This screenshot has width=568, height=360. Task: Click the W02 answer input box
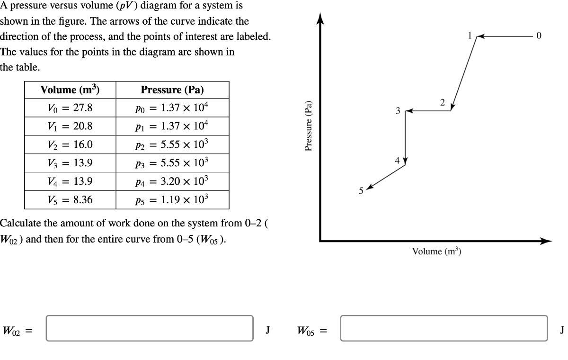click(149, 328)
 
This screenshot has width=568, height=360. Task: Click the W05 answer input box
click(444, 328)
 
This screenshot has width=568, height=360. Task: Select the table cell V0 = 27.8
click(70, 108)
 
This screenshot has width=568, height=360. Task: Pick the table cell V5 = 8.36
click(70, 200)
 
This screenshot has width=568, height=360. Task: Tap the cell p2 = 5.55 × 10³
click(172, 144)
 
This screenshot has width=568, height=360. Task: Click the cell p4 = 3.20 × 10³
click(172, 181)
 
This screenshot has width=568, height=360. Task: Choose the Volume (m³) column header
click(70, 90)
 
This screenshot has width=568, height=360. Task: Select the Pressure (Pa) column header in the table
click(172, 90)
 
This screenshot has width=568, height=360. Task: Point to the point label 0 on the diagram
click(539, 36)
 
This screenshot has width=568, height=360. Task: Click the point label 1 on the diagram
click(470, 36)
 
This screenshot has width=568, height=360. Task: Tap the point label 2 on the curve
click(442, 102)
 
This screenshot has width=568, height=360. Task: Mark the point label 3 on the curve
click(398, 111)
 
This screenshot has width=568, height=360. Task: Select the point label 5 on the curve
click(361, 191)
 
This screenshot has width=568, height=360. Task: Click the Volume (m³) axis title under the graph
click(436, 252)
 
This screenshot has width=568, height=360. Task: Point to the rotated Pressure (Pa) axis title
click(309, 126)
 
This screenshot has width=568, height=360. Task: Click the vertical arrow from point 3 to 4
click(405, 137)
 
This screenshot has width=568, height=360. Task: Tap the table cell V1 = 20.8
click(70, 126)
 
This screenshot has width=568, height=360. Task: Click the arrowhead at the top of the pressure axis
click(320, 18)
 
